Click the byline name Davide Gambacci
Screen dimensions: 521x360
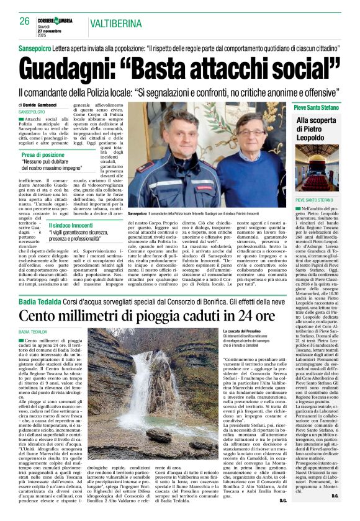coord(43,105)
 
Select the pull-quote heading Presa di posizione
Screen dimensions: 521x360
coord(43,154)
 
